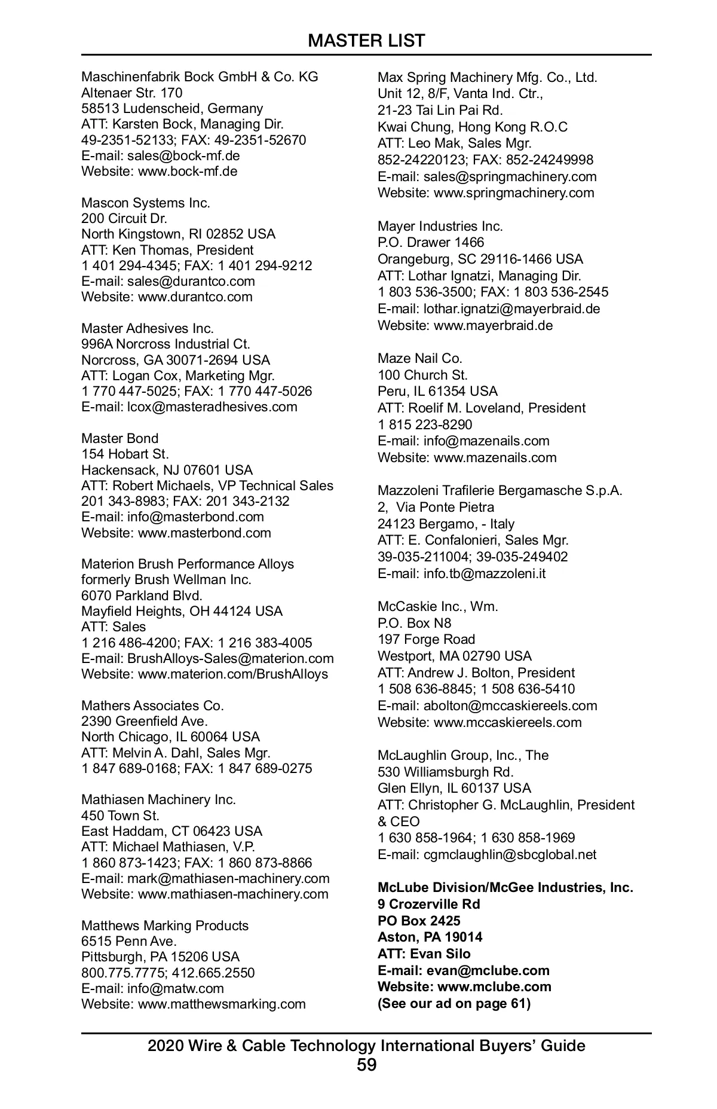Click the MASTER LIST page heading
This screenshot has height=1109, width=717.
point(366,41)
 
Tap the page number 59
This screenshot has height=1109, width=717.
point(366,1065)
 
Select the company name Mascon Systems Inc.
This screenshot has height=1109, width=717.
point(146,203)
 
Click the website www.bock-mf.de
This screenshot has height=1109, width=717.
point(188,172)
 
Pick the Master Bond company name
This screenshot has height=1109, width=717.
point(119,438)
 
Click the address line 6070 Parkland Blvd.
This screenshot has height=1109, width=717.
point(142,595)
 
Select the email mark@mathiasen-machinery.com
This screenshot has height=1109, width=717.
point(228,878)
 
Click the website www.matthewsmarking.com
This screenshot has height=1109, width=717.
point(222,1004)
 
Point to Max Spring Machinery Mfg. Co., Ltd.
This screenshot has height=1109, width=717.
point(487,77)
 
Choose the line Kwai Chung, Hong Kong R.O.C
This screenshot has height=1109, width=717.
point(472,127)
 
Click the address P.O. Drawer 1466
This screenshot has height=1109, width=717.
point(431,242)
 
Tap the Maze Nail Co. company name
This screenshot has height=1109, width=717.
point(419,358)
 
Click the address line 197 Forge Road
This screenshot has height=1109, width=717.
point(426,639)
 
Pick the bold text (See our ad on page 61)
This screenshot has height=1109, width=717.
point(454,1003)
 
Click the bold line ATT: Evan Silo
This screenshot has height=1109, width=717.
point(424,954)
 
